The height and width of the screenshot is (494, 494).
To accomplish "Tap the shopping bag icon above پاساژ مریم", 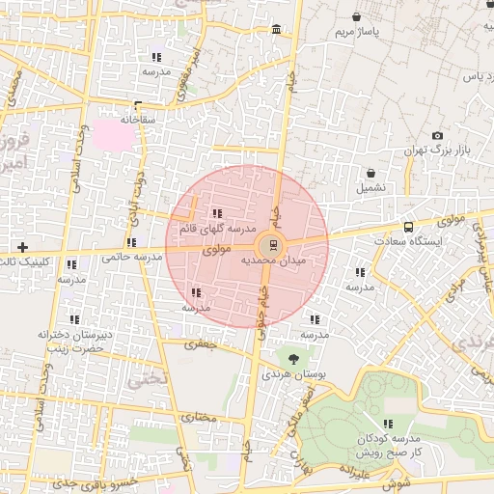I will pyautogui.click(x=359, y=16).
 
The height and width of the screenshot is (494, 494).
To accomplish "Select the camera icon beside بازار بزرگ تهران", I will pyautogui.click(x=437, y=136).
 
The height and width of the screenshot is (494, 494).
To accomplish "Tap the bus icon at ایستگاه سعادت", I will pyautogui.click(x=409, y=227).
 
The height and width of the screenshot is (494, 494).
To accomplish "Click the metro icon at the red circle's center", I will pyautogui.click(x=270, y=244).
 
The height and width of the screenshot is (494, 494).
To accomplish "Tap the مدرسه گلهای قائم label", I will pyautogui.click(x=216, y=230).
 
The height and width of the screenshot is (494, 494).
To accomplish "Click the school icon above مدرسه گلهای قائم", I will pyautogui.click(x=217, y=213).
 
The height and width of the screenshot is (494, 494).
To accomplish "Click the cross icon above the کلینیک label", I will pyautogui.click(x=22, y=247).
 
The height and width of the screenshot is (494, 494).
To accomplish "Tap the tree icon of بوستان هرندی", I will pyautogui.click(x=293, y=357).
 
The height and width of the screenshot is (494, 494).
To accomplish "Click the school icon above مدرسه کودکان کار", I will pyautogui.click(x=388, y=425).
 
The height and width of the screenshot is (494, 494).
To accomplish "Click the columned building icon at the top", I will pyautogui.click(x=277, y=33).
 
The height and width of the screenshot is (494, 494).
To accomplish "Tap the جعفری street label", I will pyautogui.click(x=203, y=343).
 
